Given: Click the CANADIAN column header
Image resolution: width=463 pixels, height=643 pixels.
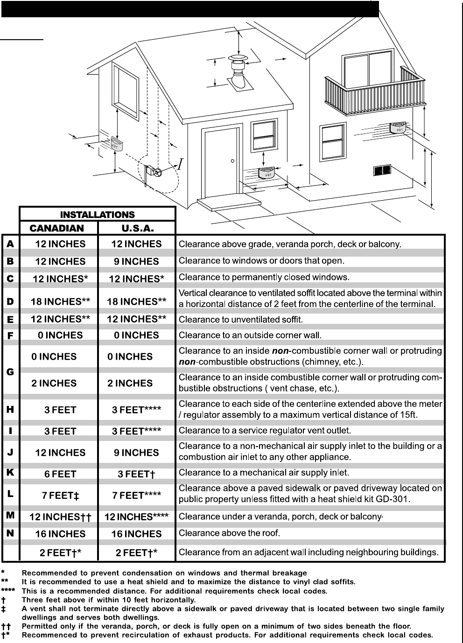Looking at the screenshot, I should (x=57, y=228).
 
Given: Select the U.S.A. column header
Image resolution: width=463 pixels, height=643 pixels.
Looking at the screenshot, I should (x=137, y=228).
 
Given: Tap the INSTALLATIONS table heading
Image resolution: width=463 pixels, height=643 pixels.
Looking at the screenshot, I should (x=97, y=215).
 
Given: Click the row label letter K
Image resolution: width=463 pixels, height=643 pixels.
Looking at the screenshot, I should (x=10, y=472).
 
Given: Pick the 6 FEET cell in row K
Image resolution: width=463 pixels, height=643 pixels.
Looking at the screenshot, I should (x=60, y=474).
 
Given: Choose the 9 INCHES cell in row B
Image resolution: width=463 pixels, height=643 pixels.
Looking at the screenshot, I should (x=136, y=261).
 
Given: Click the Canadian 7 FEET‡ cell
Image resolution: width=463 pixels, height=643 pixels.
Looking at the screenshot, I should (x=60, y=496).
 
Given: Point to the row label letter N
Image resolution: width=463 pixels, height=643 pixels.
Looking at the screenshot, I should (x=10, y=533).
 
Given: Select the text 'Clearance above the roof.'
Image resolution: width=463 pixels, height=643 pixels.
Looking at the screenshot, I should (x=229, y=533).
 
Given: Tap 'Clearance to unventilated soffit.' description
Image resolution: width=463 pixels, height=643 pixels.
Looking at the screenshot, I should (x=241, y=320).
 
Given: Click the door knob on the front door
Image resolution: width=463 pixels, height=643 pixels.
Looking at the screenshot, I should (x=232, y=161).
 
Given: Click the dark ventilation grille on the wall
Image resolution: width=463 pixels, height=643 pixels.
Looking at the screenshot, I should (x=382, y=170).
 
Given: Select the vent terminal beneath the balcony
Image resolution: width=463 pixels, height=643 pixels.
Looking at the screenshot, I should (x=398, y=127).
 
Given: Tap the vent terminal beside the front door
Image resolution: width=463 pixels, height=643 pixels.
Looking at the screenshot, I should (x=267, y=173).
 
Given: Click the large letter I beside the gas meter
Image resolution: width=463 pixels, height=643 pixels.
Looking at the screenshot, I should (x=180, y=164).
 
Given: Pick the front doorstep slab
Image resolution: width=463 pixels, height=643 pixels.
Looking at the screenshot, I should (x=229, y=204).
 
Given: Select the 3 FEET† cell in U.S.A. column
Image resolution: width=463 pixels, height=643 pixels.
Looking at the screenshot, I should (x=136, y=474).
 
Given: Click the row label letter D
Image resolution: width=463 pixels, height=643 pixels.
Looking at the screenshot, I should (x=10, y=301).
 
